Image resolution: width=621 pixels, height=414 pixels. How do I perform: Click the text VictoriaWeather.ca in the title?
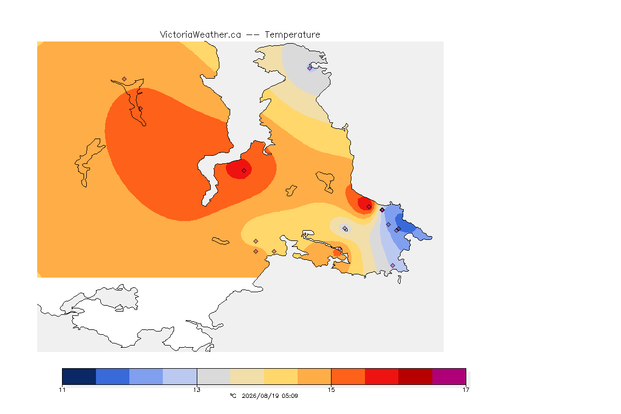click(201, 35)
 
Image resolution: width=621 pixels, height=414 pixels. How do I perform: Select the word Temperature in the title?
click(292, 35)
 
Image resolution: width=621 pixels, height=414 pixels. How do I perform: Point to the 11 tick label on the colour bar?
click(62, 390)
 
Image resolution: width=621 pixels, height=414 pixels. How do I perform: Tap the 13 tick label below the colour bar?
click(197, 390)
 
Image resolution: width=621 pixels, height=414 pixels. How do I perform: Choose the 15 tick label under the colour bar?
click(331, 390)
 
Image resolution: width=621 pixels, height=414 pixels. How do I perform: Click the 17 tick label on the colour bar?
click(466, 390)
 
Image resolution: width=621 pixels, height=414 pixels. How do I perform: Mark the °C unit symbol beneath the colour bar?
click(233, 396)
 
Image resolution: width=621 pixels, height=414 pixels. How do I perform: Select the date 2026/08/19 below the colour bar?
click(260, 396)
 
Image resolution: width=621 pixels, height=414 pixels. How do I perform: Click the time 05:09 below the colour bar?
click(290, 396)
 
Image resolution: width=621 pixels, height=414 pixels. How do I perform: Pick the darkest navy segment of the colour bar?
click(79, 376)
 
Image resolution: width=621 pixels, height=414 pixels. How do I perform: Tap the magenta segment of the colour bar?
click(448, 376)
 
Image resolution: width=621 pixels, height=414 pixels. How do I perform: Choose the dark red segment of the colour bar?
click(415, 376)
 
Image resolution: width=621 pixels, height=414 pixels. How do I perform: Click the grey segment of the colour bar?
click(213, 376)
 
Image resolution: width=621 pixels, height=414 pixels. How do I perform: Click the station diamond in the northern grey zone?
click(310, 68)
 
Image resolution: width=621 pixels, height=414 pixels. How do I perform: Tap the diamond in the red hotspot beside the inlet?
click(244, 171)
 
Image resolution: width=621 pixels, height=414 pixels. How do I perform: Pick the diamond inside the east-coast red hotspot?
click(369, 207)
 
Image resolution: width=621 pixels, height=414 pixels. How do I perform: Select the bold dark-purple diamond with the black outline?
click(382, 210)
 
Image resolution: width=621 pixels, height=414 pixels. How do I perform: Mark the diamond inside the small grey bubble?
click(345, 228)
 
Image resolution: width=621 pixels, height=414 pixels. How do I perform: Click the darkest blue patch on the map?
click(405, 226)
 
